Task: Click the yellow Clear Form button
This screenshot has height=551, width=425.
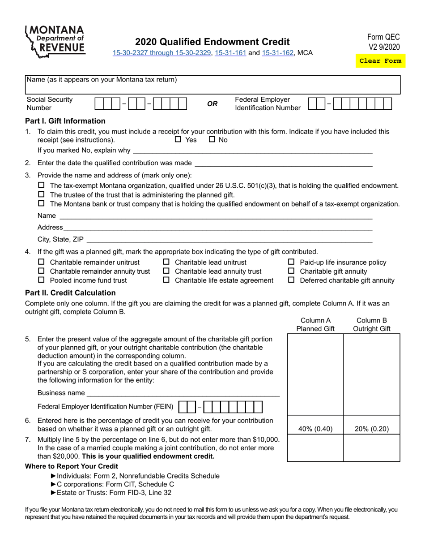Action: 380,61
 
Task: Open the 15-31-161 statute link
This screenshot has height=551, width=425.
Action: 230,53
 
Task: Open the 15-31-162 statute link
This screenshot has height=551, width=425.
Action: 277,53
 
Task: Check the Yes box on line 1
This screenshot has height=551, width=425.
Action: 178,139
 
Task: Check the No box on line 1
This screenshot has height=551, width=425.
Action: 212,139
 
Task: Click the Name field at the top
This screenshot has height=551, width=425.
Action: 212,85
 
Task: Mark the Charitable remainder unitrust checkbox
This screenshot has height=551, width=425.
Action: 42,262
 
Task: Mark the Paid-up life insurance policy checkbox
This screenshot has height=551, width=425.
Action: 291,262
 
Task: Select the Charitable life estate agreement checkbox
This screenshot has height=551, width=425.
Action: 166,280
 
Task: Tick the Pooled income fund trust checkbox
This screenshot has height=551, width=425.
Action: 42,280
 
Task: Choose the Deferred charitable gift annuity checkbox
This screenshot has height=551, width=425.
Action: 291,280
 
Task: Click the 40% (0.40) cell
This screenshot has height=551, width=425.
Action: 315,429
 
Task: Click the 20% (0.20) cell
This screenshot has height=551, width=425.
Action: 372,429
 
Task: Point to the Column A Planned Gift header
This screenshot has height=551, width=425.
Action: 315,325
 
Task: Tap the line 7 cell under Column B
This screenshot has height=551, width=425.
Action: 372,448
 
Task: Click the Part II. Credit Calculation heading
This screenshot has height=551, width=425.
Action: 70,293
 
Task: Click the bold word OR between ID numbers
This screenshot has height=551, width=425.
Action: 212,104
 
